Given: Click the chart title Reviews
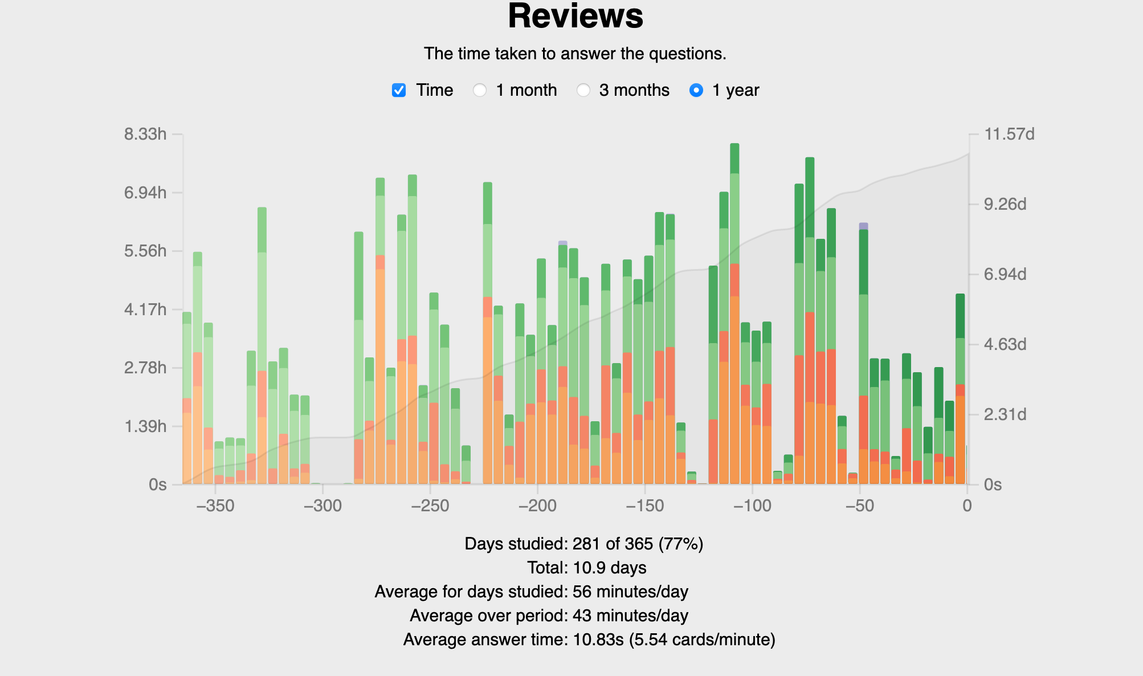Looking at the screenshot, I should (575, 16).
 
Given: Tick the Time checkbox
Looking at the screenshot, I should (399, 90).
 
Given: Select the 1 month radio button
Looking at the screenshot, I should (480, 90).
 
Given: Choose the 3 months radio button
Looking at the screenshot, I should (583, 90).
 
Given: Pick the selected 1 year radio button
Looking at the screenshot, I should (696, 90).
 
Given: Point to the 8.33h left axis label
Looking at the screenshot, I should (145, 135).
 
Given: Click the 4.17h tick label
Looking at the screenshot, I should (145, 310).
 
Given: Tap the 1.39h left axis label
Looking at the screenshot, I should (145, 426).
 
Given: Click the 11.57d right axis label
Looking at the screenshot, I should (1009, 135).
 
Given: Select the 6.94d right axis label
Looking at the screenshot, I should (1005, 275).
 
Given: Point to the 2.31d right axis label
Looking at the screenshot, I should (1005, 414).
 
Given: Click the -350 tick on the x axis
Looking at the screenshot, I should (215, 506).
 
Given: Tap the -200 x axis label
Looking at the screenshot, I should (537, 506).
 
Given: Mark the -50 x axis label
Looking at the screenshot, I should (859, 506).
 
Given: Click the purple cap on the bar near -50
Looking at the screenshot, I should (863, 226).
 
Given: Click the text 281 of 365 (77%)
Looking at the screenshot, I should (638, 544).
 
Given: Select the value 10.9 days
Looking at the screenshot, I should (609, 568).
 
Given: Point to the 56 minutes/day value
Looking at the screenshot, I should (630, 592).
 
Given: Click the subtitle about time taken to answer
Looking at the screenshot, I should (575, 54).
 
